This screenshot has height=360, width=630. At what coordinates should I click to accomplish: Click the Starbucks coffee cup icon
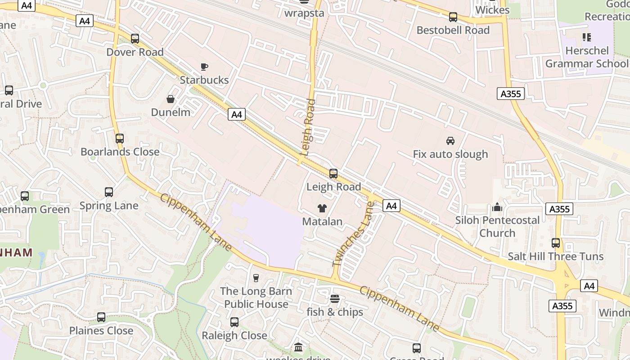204,67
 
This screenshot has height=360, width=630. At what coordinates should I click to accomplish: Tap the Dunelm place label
171,112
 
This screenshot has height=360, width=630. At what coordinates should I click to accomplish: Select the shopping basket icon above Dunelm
171,99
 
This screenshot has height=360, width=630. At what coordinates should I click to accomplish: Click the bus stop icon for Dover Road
135,39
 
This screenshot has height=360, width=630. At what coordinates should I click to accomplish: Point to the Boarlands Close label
120,152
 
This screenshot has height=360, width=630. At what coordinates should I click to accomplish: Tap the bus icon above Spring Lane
109,192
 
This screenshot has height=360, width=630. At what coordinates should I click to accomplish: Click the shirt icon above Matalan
322,208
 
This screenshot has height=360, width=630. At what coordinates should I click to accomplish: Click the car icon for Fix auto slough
450,141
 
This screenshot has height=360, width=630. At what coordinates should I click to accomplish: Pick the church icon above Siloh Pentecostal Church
497,207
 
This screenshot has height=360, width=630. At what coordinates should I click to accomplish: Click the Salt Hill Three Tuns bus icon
556,243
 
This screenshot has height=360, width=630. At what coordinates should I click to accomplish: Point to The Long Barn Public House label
256,297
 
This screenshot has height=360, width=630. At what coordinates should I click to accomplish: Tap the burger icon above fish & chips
334,298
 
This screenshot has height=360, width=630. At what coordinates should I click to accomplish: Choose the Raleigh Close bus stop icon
234,322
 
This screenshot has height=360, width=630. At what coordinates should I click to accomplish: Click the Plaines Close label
101,331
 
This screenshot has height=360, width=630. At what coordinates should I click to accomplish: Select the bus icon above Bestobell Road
453,17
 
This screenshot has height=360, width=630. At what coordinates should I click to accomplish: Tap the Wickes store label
492,10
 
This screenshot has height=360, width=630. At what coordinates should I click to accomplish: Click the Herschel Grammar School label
587,57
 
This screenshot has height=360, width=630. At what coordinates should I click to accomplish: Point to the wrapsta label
304,13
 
